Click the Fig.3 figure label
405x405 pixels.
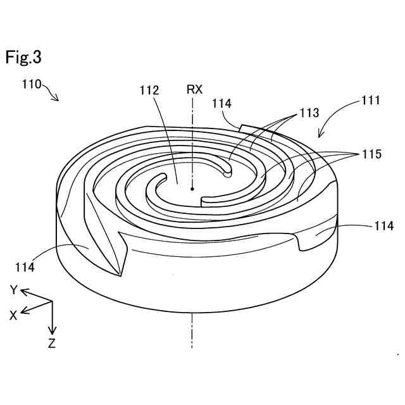coord(24,57)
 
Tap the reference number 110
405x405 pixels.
coord(32,84)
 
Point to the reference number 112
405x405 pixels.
coord(149,90)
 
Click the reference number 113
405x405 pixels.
coord(309,113)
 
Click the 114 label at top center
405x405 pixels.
coord(222,103)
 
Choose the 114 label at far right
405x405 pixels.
coord(384,226)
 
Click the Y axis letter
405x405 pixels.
coord(12,290)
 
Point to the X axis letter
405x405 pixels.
coord(13,315)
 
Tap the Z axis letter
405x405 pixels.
coord(52,344)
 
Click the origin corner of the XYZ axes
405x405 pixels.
coord(53,301)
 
